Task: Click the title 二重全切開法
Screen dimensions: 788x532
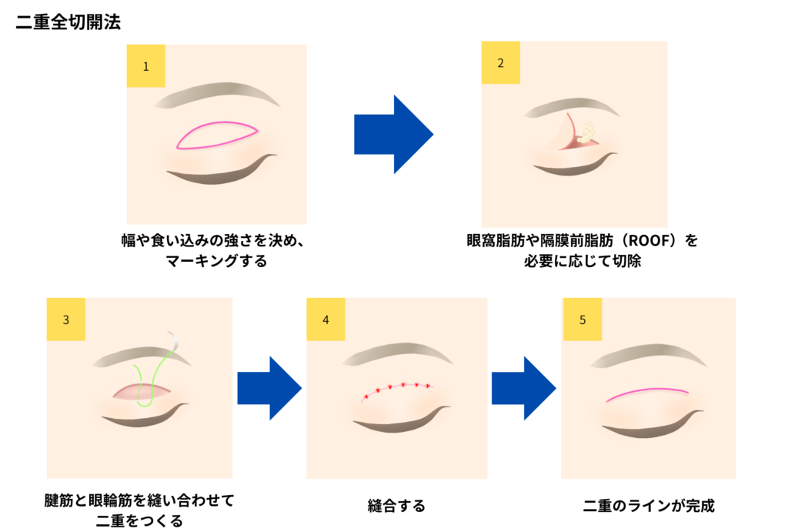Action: (x=68, y=22)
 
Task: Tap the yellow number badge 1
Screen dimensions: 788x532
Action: (x=145, y=66)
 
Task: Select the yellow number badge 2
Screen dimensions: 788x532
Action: (x=500, y=63)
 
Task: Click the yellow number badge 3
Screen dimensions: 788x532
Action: (x=66, y=320)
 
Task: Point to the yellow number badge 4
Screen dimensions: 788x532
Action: (x=326, y=320)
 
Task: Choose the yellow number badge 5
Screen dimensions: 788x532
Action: (x=583, y=320)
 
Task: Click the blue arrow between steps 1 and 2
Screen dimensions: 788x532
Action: (x=393, y=134)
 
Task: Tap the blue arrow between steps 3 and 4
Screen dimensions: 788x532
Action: (x=269, y=388)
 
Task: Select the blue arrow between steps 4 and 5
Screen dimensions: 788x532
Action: (x=523, y=388)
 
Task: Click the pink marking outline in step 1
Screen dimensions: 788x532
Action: (x=216, y=122)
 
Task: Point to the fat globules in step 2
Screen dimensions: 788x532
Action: (x=586, y=132)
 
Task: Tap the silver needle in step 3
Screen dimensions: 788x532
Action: (x=174, y=340)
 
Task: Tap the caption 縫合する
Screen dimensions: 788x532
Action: (x=396, y=505)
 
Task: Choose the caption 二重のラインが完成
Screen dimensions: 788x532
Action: (x=649, y=505)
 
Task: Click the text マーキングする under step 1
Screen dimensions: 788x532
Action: (x=216, y=261)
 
